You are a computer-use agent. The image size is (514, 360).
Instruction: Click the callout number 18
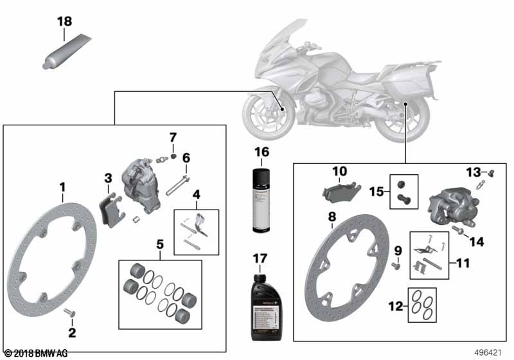tap(64, 21)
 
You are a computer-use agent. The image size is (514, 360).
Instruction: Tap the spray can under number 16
tap(260, 201)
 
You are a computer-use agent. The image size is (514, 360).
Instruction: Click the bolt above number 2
tap(71, 313)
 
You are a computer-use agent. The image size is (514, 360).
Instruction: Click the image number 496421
tap(490, 353)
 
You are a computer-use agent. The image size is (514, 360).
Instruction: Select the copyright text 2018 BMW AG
tap(36, 353)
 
